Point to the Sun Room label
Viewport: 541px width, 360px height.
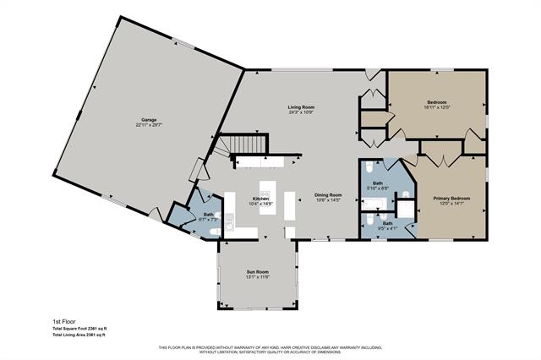click(x=257, y=272)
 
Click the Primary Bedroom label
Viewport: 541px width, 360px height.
click(x=451, y=198)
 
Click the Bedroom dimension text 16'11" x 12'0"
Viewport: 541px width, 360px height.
click(x=436, y=107)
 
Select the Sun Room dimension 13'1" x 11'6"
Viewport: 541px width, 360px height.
click(x=257, y=277)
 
